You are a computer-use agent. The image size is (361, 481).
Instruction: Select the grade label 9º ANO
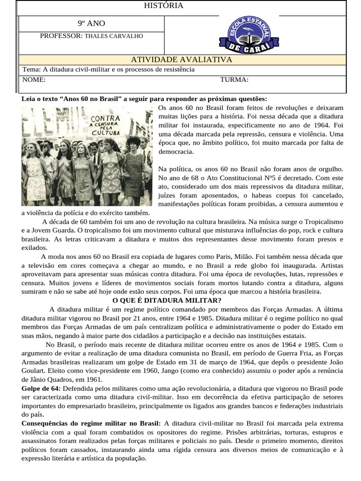(92, 23)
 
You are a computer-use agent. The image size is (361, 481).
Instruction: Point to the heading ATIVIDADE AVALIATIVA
(181, 60)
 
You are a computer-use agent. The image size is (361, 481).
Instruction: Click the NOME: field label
(34, 79)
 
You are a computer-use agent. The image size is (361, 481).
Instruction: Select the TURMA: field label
(234, 79)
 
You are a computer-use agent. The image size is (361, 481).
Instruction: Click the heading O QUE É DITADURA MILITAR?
(167, 301)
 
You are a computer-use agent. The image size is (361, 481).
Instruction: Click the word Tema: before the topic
(32, 70)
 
